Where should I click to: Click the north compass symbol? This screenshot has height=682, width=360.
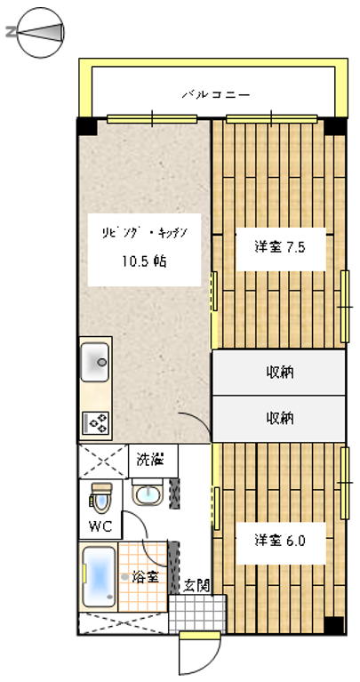pos(41,33)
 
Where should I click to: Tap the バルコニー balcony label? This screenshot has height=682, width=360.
pos(216,94)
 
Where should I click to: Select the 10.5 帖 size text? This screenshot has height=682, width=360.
pos(144,261)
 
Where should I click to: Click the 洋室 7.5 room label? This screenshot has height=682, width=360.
pos(280,247)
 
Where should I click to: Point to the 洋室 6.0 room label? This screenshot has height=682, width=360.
pos(280,542)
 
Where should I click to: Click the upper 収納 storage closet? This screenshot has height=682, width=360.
pos(279,373)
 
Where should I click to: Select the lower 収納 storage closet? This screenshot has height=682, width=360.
pos(279,419)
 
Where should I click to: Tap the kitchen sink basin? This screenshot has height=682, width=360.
pos(95,362)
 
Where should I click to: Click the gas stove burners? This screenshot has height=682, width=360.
pos(95,423)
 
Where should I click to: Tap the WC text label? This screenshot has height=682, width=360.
pos(100,526)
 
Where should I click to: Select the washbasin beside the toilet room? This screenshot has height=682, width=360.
pos(148,493)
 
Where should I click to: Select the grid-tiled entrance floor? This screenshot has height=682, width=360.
pos(197,614)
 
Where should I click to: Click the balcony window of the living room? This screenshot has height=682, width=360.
pos(152,119)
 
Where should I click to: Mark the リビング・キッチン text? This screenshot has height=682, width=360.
pos(144,232)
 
